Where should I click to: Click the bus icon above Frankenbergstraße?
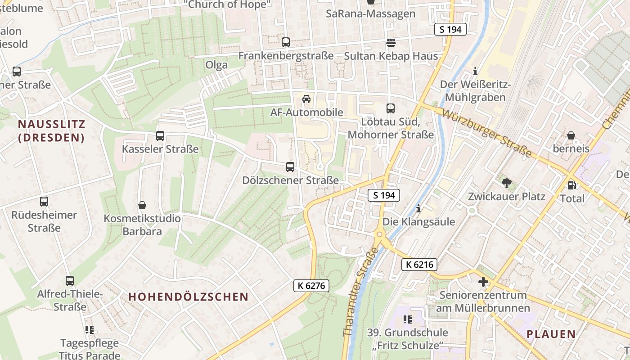coord(285,42)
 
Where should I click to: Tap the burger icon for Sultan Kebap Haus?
coord(391,43)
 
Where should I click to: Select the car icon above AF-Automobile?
coord(306,99)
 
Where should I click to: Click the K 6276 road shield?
coord(311,285)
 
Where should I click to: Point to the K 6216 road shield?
coord(419,265)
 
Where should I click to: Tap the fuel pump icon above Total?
coord(571,185)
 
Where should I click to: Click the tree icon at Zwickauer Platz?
coord(506,183)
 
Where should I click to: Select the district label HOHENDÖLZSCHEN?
coord(189,297)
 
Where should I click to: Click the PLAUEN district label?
coord(551,334)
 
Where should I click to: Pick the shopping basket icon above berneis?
coord(571,135)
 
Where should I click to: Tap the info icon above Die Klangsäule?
coord(418,208)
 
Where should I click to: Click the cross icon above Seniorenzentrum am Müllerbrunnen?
coord(483,282)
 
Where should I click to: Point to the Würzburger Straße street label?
coord(487,133)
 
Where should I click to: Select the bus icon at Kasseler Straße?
coord(160,135)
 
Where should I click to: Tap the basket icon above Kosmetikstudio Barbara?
coord(142,205)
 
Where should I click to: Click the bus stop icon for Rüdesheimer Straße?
coord(44,202)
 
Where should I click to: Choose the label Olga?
coord(216,65)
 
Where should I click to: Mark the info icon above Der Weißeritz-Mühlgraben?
coord(475,71)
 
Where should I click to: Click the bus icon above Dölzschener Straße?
coord(290,167)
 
